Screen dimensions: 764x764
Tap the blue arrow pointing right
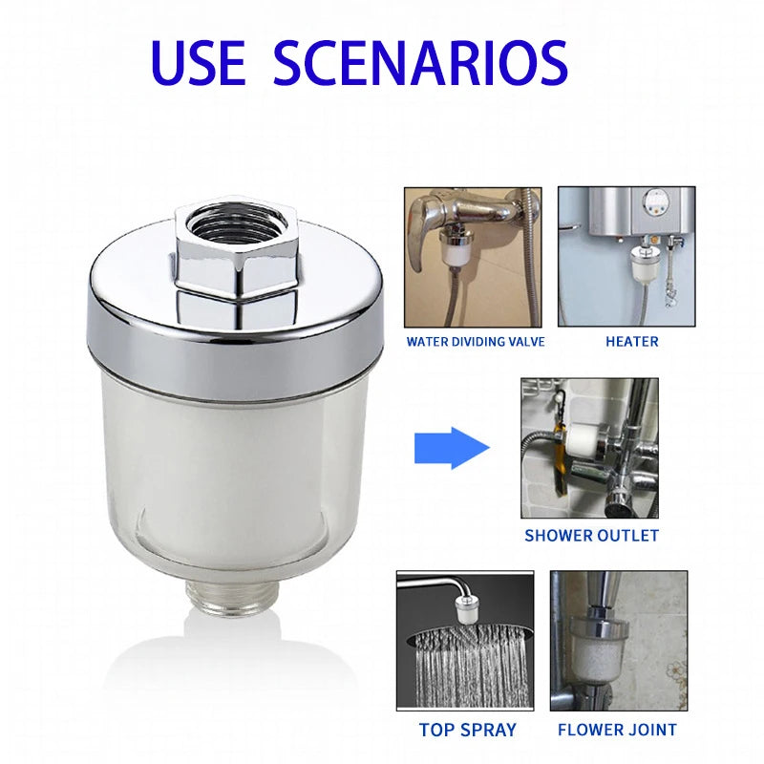[451, 448]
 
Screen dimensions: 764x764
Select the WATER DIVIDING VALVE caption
[476, 341]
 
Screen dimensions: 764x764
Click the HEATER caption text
[631, 341]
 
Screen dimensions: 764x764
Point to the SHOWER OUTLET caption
[591, 536]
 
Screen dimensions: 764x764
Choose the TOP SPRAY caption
[467, 730]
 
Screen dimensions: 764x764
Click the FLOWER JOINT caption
[616, 730]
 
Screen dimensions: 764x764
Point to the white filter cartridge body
[234, 468]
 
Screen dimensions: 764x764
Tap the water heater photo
[626, 256]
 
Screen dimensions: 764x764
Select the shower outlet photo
[589, 448]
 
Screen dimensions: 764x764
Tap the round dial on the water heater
[656, 202]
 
